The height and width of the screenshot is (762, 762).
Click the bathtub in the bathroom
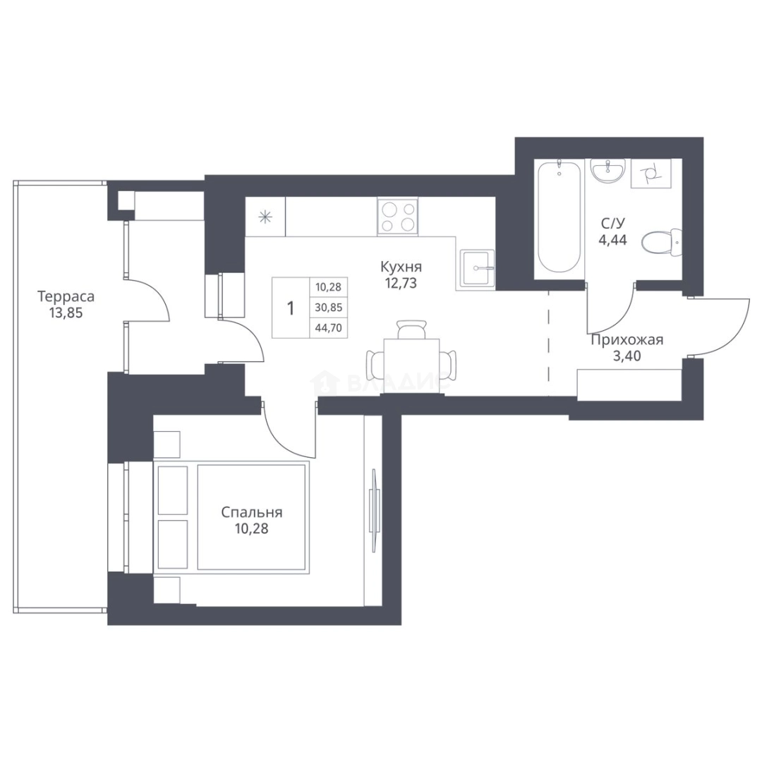coord(560,218)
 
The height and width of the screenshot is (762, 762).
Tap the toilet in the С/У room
coord(661,242)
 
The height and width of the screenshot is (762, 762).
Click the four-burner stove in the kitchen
coord(397,217)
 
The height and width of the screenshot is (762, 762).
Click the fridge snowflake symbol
coord(265,217)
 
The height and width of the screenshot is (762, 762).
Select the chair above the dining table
coord(411,329)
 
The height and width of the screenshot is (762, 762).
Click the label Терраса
coord(66,296)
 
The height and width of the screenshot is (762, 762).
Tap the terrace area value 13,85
coord(66,313)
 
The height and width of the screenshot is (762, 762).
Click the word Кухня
coord(401,267)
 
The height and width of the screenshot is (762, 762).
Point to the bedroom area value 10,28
coord(252,528)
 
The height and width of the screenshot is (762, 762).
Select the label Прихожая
coord(627,339)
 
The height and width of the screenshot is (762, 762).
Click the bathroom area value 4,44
coord(613,240)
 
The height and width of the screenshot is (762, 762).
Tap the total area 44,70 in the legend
coord(329,328)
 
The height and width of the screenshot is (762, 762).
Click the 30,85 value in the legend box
coord(329,308)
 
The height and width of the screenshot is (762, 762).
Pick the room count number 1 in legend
coord(291,308)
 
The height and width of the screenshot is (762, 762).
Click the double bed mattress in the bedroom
coord(252,517)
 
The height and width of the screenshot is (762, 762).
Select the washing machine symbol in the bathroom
coord(651,173)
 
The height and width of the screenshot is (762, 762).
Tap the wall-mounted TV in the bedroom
coord(374,510)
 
